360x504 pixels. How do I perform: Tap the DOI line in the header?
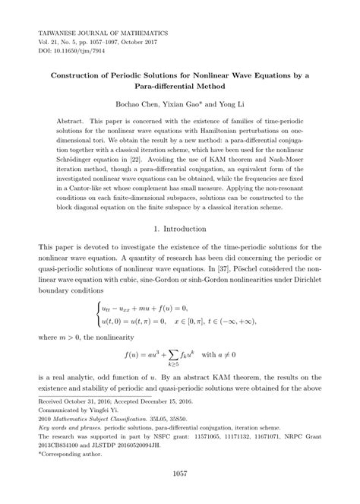coord(74,55)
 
